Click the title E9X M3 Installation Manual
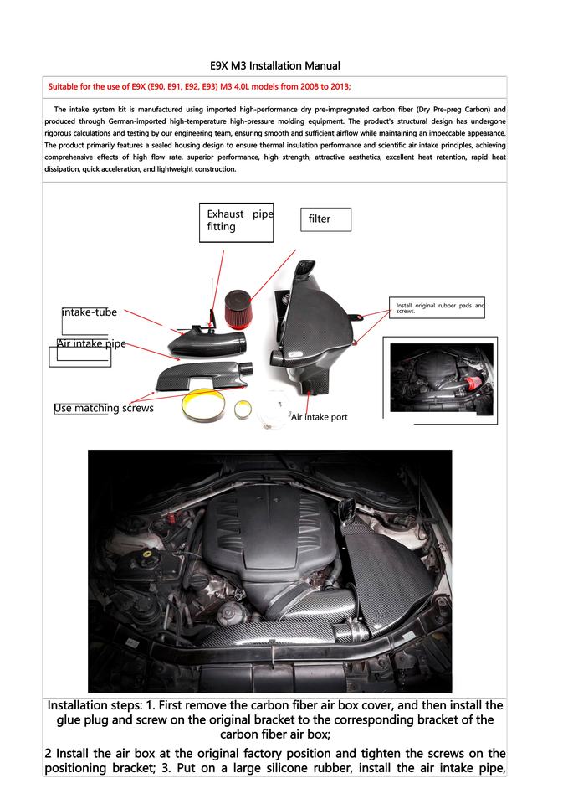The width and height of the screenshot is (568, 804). tap(275, 64)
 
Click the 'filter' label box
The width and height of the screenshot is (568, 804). tap(325, 219)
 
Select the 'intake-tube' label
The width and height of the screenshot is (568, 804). tap(90, 312)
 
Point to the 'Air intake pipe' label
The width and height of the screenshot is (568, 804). tap(91, 343)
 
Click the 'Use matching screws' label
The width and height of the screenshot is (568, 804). tap(104, 408)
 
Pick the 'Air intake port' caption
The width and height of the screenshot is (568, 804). tap(319, 416)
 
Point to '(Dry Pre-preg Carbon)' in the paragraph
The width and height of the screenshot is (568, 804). tap(458, 110)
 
